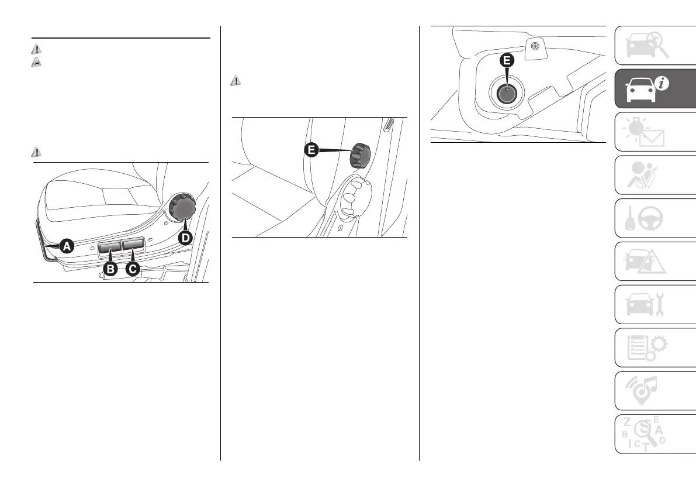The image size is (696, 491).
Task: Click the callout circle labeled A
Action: (x=67, y=246)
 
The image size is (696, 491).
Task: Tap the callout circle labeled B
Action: (x=110, y=269)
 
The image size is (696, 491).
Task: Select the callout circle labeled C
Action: (x=134, y=269)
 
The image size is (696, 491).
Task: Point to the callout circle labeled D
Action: (x=185, y=238)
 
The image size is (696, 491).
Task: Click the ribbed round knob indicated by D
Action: (x=182, y=208)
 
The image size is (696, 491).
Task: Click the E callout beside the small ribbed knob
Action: (x=311, y=150)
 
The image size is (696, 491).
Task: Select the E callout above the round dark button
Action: (x=507, y=61)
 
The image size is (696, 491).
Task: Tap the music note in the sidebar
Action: (x=656, y=387)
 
